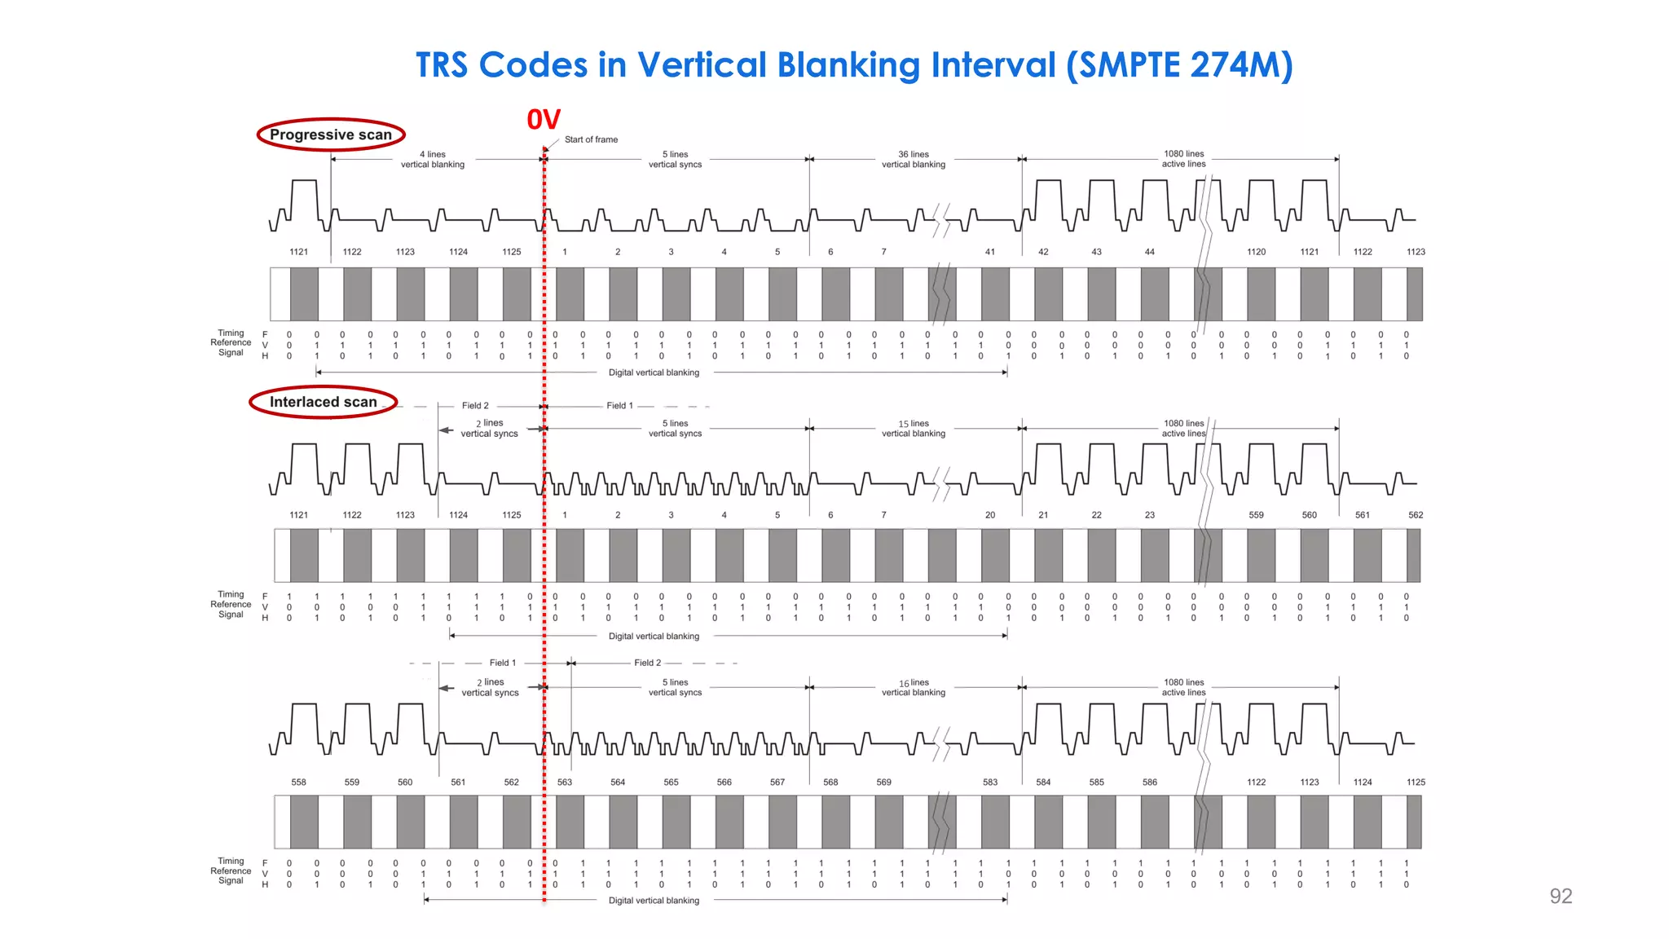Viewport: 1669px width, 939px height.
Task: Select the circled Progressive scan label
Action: pyautogui.click(x=331, y=134)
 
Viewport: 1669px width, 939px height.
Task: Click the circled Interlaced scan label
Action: pyautogui.click(x=324, y=402)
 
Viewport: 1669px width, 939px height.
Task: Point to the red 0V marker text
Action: pyautogui.click(x=544, y=120)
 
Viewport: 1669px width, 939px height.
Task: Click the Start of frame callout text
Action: pyautogui.click(x=591, y=139)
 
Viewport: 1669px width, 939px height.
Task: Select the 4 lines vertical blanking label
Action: pyautogui.click(x=433, y=159)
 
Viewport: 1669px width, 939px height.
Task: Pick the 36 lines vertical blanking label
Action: pyautogui.click(x=914, y=159)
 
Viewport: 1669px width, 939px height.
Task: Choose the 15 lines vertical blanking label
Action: pyautogui.click(x=914, y=429)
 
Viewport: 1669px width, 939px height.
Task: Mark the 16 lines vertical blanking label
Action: pyautogui.click(x=914, y=687)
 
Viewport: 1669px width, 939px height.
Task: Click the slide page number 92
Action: pyautogui.click(x=1561, y=896)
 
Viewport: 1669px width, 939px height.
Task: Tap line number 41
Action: pyautogui.click(x=990, y=252)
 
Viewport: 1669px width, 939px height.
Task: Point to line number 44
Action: pyautogui.click(x=1150, y=252)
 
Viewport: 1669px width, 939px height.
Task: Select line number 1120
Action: pyautogui.click(x=1257, y=252)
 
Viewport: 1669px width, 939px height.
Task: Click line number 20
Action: pyautogui.click(x=990, y=515)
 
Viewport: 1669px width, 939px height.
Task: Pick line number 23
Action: pyautogui.click(x=1150, y=515)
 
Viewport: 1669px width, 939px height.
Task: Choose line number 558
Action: pyautogui.click(x=299, y=782)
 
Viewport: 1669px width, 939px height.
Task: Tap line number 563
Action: pyautogui.click(x=565, y=782)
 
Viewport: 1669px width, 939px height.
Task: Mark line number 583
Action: pyautogui.click(x=990, y=782)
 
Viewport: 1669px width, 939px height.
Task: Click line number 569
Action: pyautogui.click(x=884, y=782)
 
